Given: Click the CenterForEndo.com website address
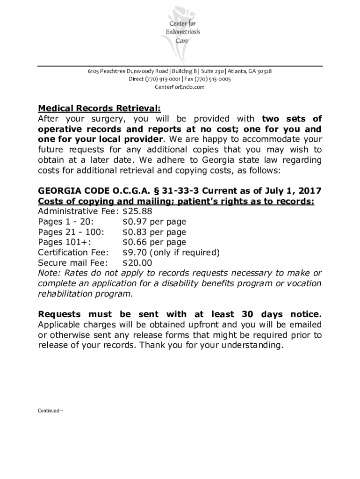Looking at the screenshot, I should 180,87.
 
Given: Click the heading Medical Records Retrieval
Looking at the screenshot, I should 99,109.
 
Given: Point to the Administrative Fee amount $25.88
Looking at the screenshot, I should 137,211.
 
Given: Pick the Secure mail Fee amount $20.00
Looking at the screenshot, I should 137,263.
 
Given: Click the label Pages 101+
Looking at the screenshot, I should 65,242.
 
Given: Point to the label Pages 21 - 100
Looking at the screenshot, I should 71,232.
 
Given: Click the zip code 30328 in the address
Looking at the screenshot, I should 263,71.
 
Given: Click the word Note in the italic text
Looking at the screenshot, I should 48,273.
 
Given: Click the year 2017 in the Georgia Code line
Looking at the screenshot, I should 310,191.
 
